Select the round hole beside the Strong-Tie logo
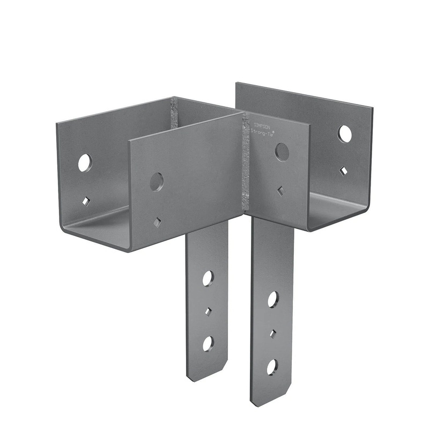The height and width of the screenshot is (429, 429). (282, 152)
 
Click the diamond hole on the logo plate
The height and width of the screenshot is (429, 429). (280, 190)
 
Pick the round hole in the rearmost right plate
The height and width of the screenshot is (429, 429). (345, 134)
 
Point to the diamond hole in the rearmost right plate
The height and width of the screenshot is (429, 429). (343, 171)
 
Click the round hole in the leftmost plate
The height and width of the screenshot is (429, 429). (85, 162)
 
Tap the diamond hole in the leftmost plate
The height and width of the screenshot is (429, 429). (85, 201)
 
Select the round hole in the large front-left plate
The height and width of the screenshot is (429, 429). (156, 182)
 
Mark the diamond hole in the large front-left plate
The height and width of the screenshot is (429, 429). (157, 222)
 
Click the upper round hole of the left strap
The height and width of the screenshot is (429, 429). (208, 278)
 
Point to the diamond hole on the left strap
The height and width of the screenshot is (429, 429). (208, 312)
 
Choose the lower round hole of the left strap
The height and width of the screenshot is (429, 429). (208, 343)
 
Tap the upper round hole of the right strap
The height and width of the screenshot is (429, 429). (273, 299)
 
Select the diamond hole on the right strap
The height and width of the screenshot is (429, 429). (273, 334)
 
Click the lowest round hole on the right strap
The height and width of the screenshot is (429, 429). (272, 367)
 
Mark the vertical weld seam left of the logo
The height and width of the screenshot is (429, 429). (246, 161)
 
